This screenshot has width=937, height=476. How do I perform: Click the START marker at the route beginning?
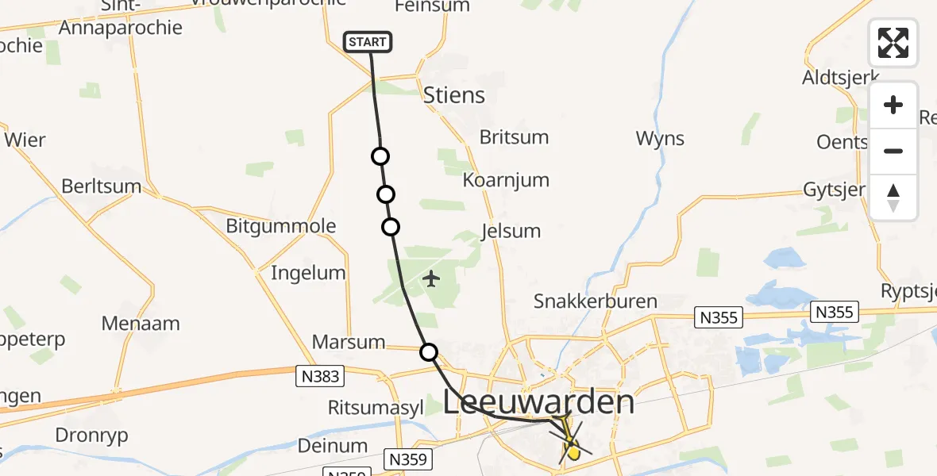coord(368,42)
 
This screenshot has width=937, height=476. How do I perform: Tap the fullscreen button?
coord(893,43)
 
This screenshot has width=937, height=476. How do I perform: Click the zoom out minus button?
coord(893,151)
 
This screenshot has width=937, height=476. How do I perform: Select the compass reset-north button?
coord(893,198)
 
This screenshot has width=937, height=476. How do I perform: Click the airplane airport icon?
coord(431,279)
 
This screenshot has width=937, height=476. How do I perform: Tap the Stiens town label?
coord(454,96)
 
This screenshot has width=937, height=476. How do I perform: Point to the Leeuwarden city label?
coord(539,402)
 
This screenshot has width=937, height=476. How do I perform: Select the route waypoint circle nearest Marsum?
coord(429,351)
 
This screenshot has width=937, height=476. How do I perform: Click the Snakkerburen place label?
coord(596,301)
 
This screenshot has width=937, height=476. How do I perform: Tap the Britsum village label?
coord(514,137)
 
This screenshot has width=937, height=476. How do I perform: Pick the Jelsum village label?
coord(511,232)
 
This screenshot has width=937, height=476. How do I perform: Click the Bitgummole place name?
coord(281,226)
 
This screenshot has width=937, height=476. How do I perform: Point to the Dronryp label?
coord(91,436)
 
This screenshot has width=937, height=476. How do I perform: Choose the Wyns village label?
coord(660,139)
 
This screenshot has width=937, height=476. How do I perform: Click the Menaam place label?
coord(141,324)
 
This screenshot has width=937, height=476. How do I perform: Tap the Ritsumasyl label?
coord(376,408)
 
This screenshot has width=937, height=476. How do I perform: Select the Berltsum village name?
coord(102,187)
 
